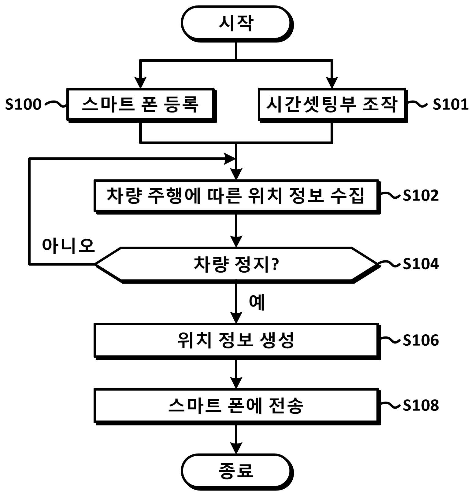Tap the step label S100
(23, 104)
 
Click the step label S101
(451, 104)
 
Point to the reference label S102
(421, 195)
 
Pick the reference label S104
(421, 264)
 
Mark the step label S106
(421, 340)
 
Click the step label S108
(421, 405)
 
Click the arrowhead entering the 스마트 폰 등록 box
(140, 83)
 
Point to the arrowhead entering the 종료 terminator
(236, 448)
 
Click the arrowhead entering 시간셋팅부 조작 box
(332, 83)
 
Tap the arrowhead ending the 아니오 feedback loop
(230, 159)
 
